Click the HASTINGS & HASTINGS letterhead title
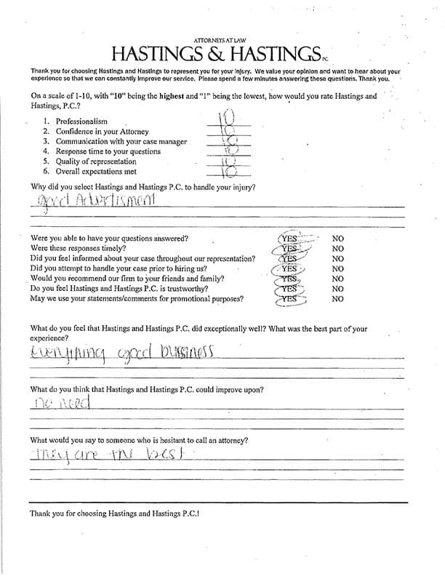216,53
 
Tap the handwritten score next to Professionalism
226,117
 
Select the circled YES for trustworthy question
290,289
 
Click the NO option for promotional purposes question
337,298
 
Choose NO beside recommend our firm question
337,279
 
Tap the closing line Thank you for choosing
115,513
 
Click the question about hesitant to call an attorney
138,441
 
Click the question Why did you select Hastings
143,187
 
